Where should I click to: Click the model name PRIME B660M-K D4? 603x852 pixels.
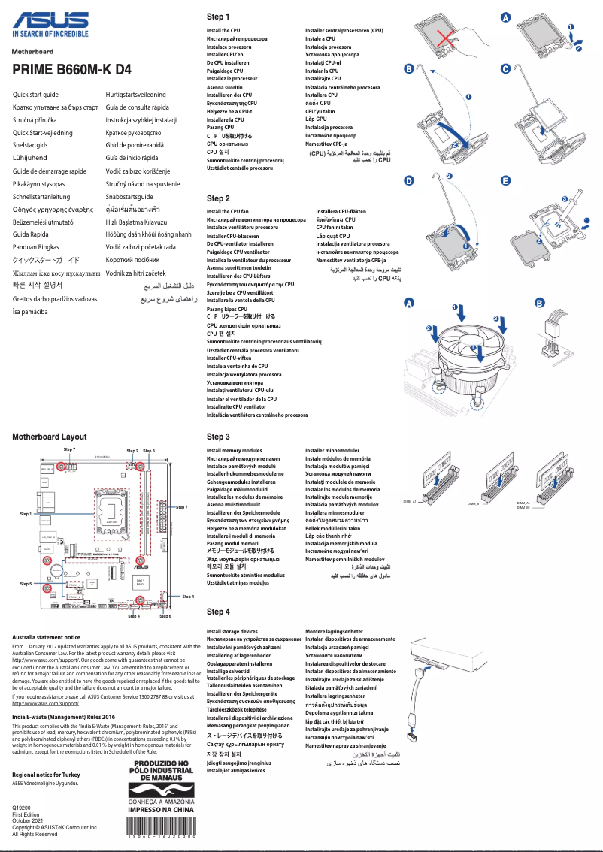point(71,69)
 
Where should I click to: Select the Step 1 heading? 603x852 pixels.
point(218,17)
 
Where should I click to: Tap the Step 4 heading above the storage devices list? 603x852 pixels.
point(218,612)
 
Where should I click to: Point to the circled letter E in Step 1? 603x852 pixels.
point(505,181)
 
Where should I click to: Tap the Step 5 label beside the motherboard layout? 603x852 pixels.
point(26,583)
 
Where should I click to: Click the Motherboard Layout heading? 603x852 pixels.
point(50,437)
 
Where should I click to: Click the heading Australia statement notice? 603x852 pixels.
point(47,637)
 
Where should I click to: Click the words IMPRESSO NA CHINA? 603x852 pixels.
point(162,810)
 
